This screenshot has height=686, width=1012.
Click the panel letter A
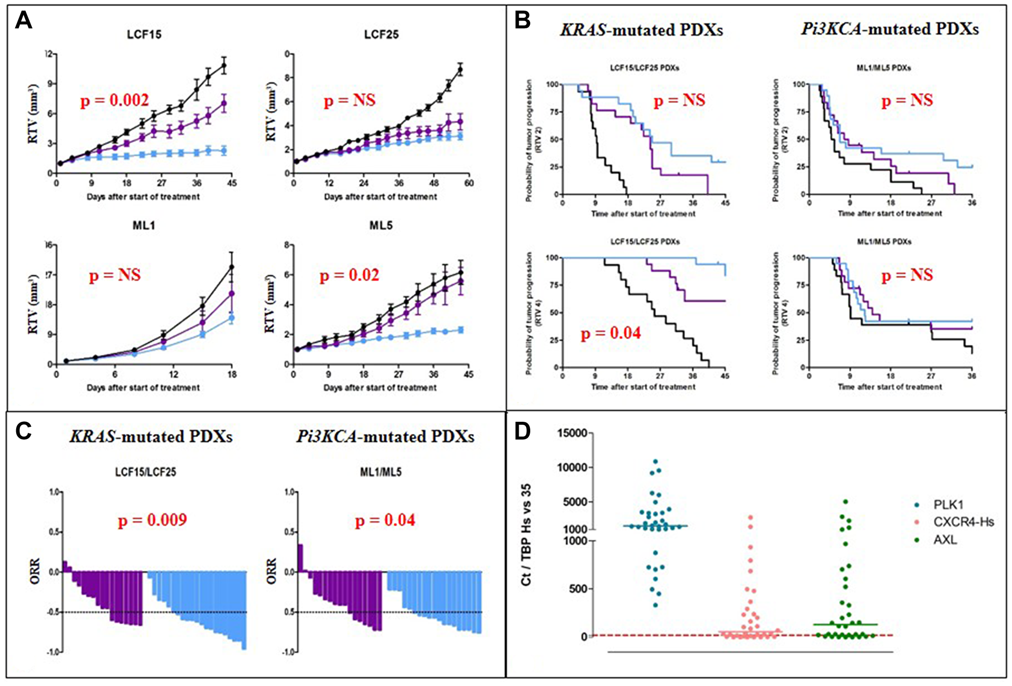pyautogui.click(x=23, y=21)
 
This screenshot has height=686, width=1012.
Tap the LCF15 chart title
pyautogui.click(x=144, y=34)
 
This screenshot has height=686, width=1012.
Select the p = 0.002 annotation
pyautogui.click(x=115, y=100)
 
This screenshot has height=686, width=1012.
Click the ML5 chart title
pyautogui.click(x=381, y=225)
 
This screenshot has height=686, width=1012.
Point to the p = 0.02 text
pyautogui.click(x=350, y=275)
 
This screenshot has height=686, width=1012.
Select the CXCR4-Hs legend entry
pyautogui.click(x=963, y=522)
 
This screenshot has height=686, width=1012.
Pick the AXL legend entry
pyautogui.click(x=945, y=540)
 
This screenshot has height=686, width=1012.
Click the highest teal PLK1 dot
pyautogui.click(x=655, y=461)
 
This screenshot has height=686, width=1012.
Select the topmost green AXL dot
pyautogui.click(x=845, y=502)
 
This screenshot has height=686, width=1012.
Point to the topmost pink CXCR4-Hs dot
pyautogui.click(x=750, y=517)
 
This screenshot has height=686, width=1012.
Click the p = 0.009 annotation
pyautogui.click(x=152, y=520)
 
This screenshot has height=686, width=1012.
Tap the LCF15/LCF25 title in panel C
pyautogui.click(x=146, y=472)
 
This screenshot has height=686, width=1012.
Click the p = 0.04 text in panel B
pyautogui.click(x=611, y=333)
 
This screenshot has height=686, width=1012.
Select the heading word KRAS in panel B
pyautogui.click(x=582, y=30)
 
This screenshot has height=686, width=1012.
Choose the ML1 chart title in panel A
pyautogui.click(x=144, y=225)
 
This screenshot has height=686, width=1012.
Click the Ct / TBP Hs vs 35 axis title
pyautogui.click(x=526, y=535)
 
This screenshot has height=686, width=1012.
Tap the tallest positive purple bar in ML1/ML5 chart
pyautogui.click(x=301, y=558)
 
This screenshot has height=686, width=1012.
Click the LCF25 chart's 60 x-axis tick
pyautogui.click(x=469, y=183)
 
